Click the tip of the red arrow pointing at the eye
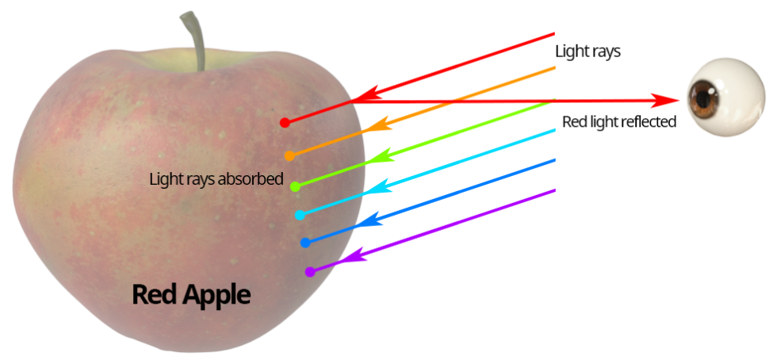(x=679, y=101)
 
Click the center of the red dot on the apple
(x=285, y=122)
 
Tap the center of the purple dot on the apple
(x=310, y=271)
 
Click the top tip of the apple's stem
(x=186, y=14)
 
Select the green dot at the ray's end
(x=295, y=186)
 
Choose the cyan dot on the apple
(x=300, y=215)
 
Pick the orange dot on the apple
(x=289, y=155)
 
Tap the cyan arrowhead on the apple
(x=381, y=186)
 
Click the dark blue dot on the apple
(x=305, y=243)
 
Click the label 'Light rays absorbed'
(x=216, y=179)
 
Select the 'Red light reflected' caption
(x=619, y=121)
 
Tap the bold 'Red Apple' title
(x=191, y=296)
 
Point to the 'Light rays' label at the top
(x=588, y=52)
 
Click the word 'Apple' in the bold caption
(x=216, y=297)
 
